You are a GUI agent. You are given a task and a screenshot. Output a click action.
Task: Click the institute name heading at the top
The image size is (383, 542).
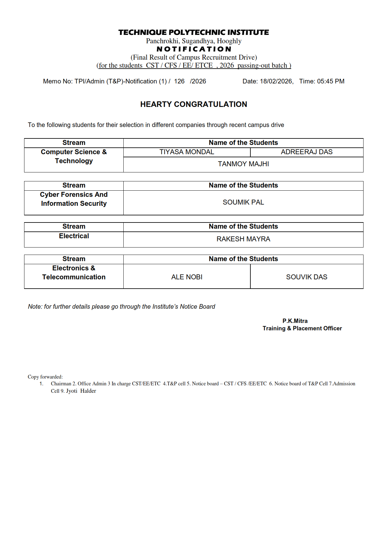pyautogui.click(x=194, y=32)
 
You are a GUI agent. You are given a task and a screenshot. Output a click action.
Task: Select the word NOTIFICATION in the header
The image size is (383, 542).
pyautogui.click(x=194, y=49)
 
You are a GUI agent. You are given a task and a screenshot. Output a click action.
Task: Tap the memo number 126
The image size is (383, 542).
pyautogui.click(x=179, y=81)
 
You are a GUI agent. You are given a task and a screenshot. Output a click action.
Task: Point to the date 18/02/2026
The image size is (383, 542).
pyautogui.click(x=276, y=81)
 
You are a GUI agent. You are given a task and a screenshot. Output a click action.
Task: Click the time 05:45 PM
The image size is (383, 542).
pyautogui.click(x=330, y=81)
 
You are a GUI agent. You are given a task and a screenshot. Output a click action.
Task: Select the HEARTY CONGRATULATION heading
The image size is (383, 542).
pyautogui.click(x=194, y=104)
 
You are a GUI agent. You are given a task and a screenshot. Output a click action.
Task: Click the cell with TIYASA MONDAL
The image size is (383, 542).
pyautogui.click(x=187, y=152)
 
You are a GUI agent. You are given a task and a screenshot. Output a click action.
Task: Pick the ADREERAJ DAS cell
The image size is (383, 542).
pyautogui.click(x=307, y=152)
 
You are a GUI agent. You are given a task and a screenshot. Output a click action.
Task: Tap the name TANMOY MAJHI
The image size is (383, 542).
pyautogui.click(x=243, y=164)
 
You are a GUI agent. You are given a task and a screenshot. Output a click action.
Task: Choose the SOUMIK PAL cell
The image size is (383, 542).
pyautogui.click(x=243, y=202)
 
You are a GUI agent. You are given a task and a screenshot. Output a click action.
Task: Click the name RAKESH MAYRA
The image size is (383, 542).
pyautogui.click(x=243, y=239)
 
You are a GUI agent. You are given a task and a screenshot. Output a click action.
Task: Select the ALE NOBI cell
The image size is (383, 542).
pyautogui.click(x=187, y=277)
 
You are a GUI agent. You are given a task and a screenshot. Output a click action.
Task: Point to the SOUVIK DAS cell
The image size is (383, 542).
pyautogui.click(x=307, y=277)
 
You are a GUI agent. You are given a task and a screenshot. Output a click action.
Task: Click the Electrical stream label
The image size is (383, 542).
pyautogui.click(x=74, y=236)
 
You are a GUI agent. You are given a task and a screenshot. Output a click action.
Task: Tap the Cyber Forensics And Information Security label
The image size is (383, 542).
pyautogui.click(x=74, y=199)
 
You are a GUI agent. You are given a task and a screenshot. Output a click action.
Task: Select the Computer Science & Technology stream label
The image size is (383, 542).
pyautogui.click(x=74, y=156)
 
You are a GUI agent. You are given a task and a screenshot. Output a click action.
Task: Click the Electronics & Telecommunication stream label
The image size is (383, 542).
pyautogui.click(x=74, y=273)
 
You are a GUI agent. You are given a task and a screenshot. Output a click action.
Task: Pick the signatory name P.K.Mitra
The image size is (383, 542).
pyautogui.click(x=295, y=321)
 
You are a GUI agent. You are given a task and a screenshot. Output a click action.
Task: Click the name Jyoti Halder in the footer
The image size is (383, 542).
pyautogui.click(x=81, y=391)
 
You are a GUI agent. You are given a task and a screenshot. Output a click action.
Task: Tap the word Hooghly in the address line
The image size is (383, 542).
pyautogui.click(x=229, y=41)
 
